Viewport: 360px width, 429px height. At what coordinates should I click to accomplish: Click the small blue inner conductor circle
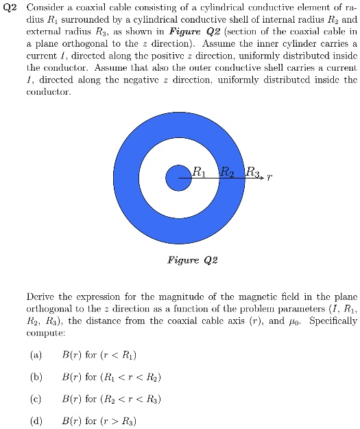pyautogui.click(x=178, y=178)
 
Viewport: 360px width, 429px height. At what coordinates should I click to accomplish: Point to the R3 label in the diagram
pyautogui.click(x=252, y=172)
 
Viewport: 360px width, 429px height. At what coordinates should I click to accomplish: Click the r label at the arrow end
pyautogui.click(x=269, y=177)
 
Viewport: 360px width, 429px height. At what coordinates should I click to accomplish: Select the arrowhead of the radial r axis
pyautogui.click(x=261, y=178)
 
